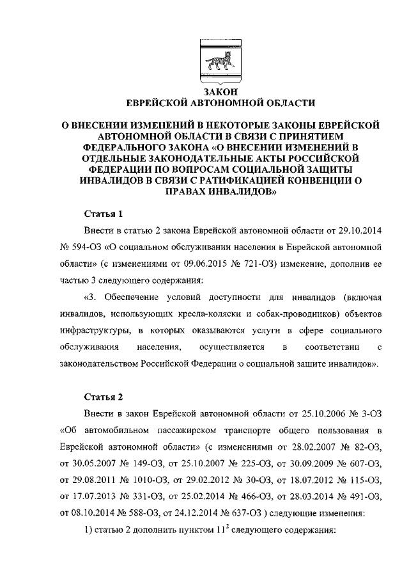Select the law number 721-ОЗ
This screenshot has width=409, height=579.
(x=246, y=263)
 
